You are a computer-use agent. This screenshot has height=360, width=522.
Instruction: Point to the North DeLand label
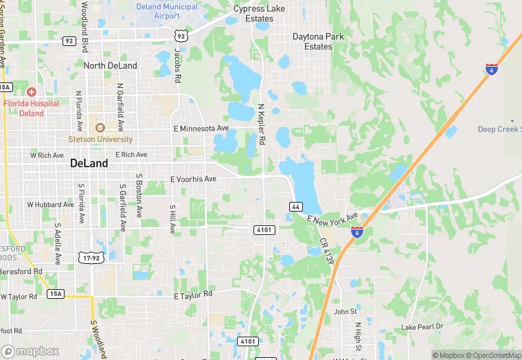110,66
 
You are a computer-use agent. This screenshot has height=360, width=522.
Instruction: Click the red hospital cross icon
32,91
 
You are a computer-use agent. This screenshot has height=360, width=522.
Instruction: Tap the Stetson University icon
100,127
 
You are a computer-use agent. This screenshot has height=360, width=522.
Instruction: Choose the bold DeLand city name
89,164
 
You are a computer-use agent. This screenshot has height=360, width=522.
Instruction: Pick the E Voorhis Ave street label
193,179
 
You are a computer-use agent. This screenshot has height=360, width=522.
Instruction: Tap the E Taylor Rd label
193,295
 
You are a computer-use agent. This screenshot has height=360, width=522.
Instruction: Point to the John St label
345,311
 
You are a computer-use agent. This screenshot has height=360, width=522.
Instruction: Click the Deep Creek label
499,130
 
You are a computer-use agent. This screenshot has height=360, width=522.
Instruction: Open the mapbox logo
30,351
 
